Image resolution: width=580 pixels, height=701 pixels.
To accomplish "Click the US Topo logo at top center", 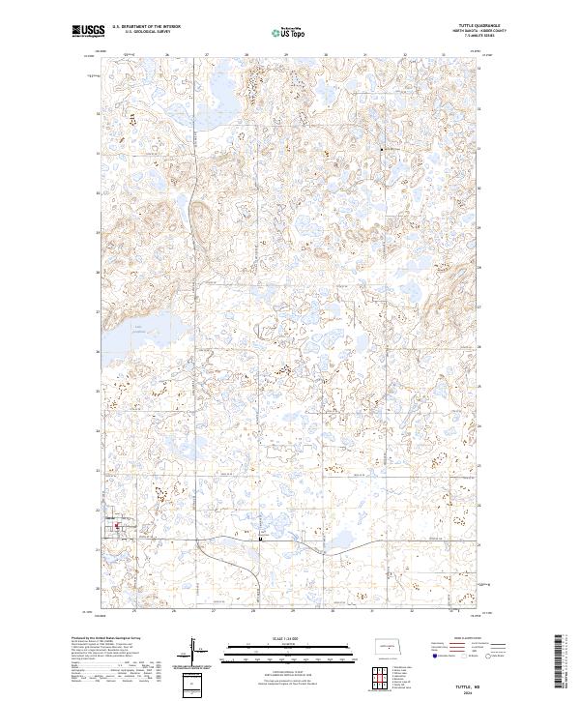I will click(x=289, y=33).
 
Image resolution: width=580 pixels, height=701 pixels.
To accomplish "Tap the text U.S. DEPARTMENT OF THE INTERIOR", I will click(x=146, y=27).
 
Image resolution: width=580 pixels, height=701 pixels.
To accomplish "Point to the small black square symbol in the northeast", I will click(x=382, y=150).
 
